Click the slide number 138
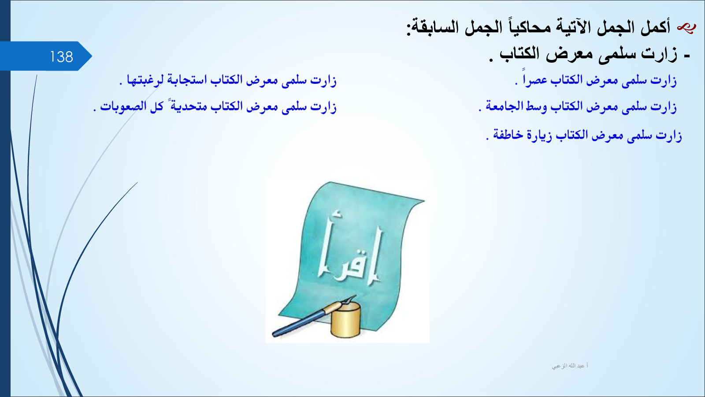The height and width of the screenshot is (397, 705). pos(61,57)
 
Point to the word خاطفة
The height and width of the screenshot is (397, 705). pos(507,135)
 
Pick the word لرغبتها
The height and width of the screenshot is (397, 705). pos(145,80)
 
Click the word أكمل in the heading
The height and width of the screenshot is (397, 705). pos(655,27)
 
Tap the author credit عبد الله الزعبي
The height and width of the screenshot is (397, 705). pos(570,366)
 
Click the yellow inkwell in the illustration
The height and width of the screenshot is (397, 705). pos(345,320)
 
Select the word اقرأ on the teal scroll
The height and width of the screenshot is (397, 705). pos(349,249)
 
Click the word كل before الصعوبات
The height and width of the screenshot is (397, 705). pos(156,106)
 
